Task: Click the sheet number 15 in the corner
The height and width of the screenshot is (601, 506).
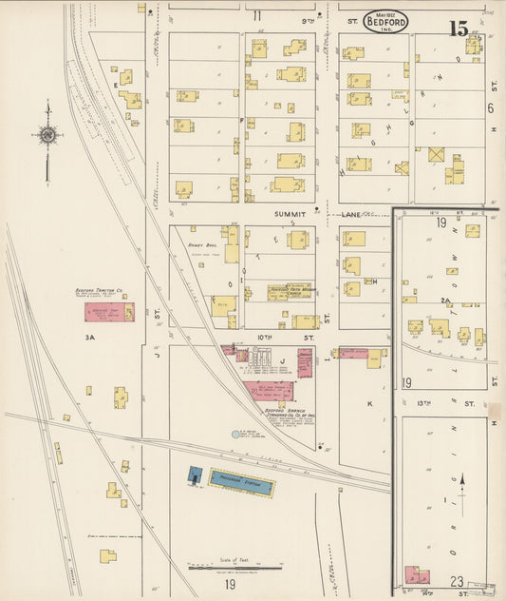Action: [x=459, y=28]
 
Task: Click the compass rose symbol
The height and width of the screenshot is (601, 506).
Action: [x=47, y=135]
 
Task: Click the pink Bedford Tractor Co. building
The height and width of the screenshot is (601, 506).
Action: [x=109, y=312]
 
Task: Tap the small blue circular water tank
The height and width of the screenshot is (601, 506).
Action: [x=235, y=435]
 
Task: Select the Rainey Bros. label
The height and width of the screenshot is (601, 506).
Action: [x=203, y=244]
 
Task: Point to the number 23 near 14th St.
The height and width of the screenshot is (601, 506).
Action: [x=457, y=581]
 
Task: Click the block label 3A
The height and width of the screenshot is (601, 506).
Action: [x=90, y=336]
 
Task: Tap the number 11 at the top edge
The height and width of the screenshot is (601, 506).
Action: [x=256, y=15]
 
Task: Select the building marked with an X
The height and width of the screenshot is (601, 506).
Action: [x=436, y=154]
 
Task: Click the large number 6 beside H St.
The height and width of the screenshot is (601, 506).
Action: [x=491, y=108]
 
